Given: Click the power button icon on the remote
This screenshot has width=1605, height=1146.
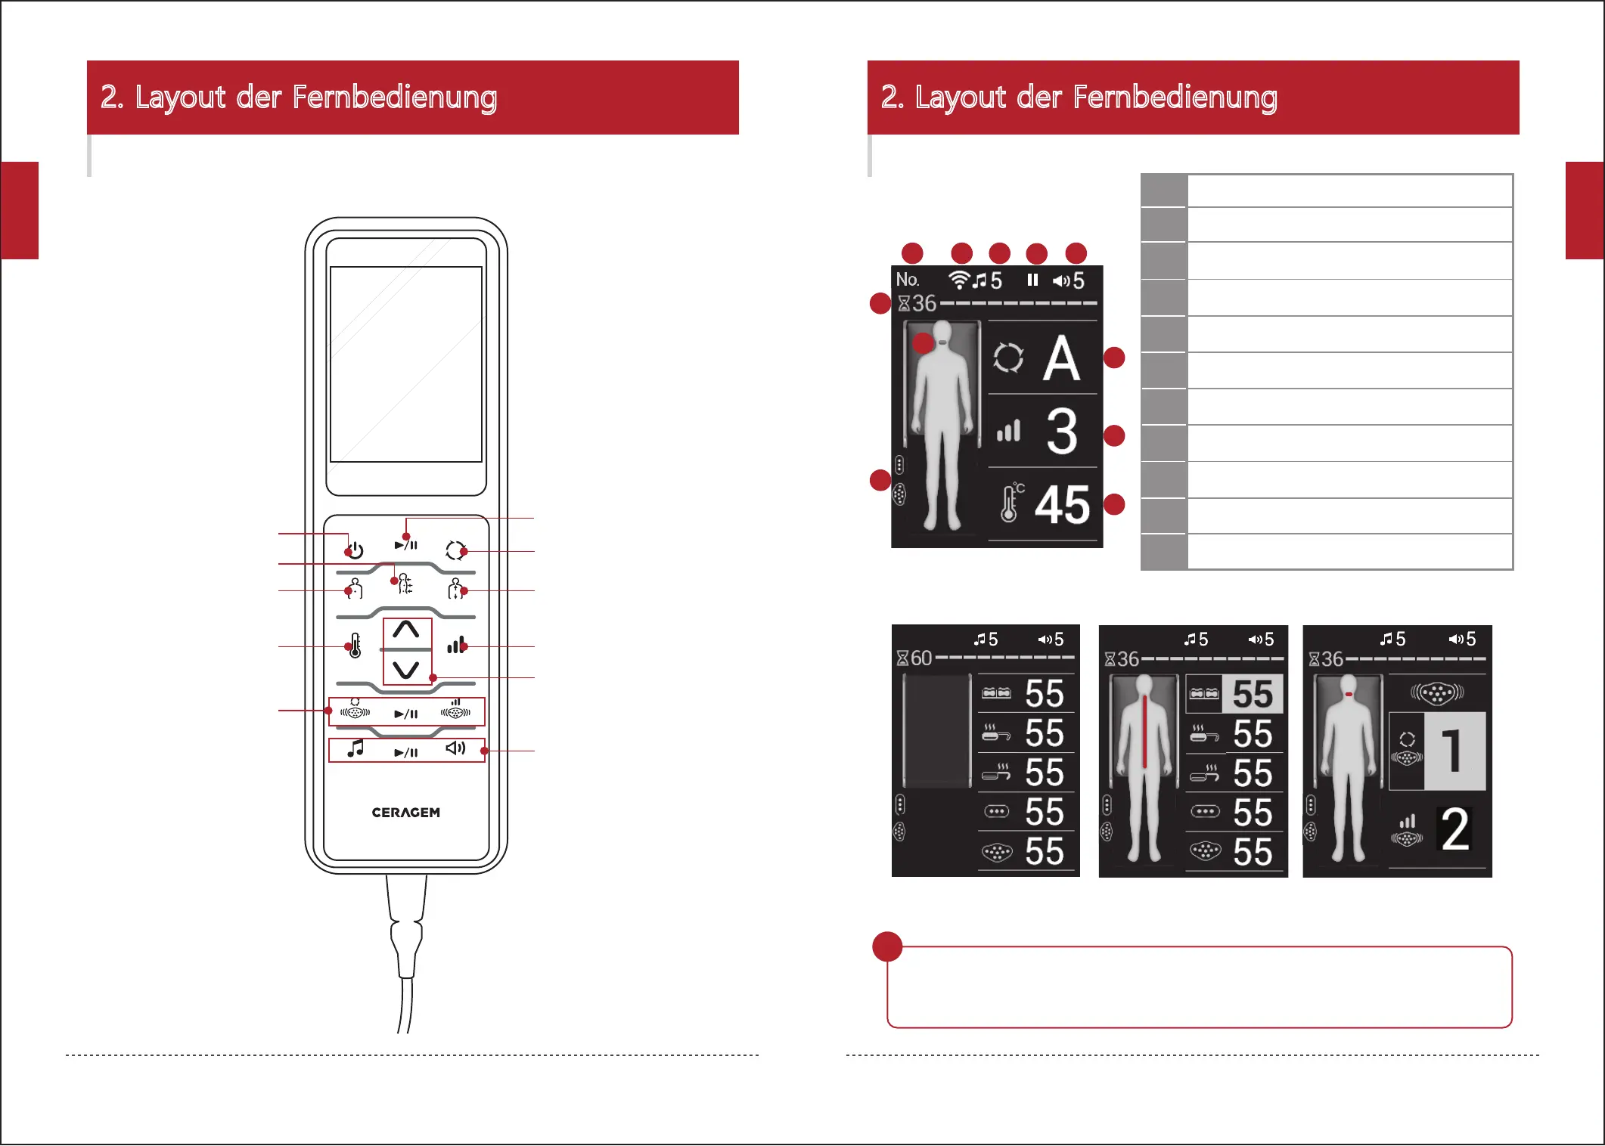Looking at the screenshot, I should click(355, 550).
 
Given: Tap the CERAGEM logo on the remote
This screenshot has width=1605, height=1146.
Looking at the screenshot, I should click(405, 813).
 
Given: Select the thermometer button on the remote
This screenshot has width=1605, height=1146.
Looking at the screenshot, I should click(355, 646).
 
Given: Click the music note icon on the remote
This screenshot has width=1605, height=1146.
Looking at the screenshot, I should click(355, 748).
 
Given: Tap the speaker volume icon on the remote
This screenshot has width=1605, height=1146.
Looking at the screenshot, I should click(455, 748).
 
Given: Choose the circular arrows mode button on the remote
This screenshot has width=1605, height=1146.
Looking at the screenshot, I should click(455, 550).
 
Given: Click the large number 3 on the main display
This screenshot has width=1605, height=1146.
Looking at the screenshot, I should click(1062, 432).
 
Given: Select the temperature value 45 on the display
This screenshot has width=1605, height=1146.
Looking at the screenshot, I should click(1062, 505).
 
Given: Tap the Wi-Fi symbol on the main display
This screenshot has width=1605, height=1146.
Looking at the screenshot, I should click(959, 280).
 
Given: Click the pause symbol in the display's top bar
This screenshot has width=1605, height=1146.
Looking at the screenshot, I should click(1032, 280).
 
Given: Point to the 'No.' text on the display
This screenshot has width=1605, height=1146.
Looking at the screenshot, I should click(907, 279).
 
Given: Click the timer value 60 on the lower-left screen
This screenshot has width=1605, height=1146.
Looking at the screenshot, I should click(920, 658).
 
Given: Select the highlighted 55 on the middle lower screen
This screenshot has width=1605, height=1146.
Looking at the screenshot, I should click(1253, 694).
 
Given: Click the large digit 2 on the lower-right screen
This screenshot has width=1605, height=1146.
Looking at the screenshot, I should click(1455, 830).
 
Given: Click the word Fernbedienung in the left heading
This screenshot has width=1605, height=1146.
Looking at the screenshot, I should click(394, 98).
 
